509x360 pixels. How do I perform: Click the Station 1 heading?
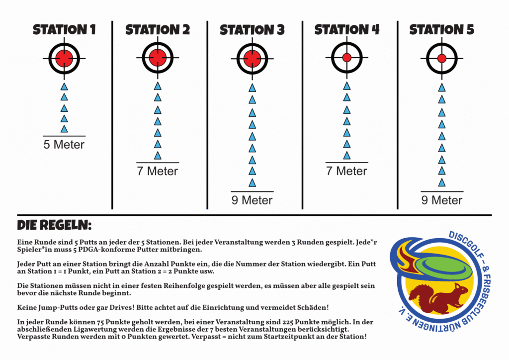(x=64, y=29)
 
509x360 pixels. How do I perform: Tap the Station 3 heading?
(x=252, y=30)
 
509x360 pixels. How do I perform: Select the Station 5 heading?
(x=442, y=29)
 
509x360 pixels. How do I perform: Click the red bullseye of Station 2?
(x=158, y=58)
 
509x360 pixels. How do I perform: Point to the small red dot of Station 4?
(x=347, y=58)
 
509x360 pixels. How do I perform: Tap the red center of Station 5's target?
(x=442, y=59)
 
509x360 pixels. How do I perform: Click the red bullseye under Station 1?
(x=64, y=59)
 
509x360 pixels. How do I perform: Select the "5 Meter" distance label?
(x=64, y=145)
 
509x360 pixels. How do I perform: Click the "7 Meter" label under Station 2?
(x=158, y=171)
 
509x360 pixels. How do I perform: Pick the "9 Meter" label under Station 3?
(x=252, y=200)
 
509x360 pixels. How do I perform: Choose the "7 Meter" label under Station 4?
(x=346, y=171)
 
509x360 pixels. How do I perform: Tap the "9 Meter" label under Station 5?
(x=442, y=200)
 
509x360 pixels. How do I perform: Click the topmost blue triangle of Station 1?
(x=64, y=87)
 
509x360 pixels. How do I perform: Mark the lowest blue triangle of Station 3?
(x=252, y=183)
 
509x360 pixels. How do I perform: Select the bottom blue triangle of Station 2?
(x=158, y=155)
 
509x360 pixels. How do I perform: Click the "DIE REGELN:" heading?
(x=54, y=225)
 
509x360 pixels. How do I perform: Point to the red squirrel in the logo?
(x=438, y=298)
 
